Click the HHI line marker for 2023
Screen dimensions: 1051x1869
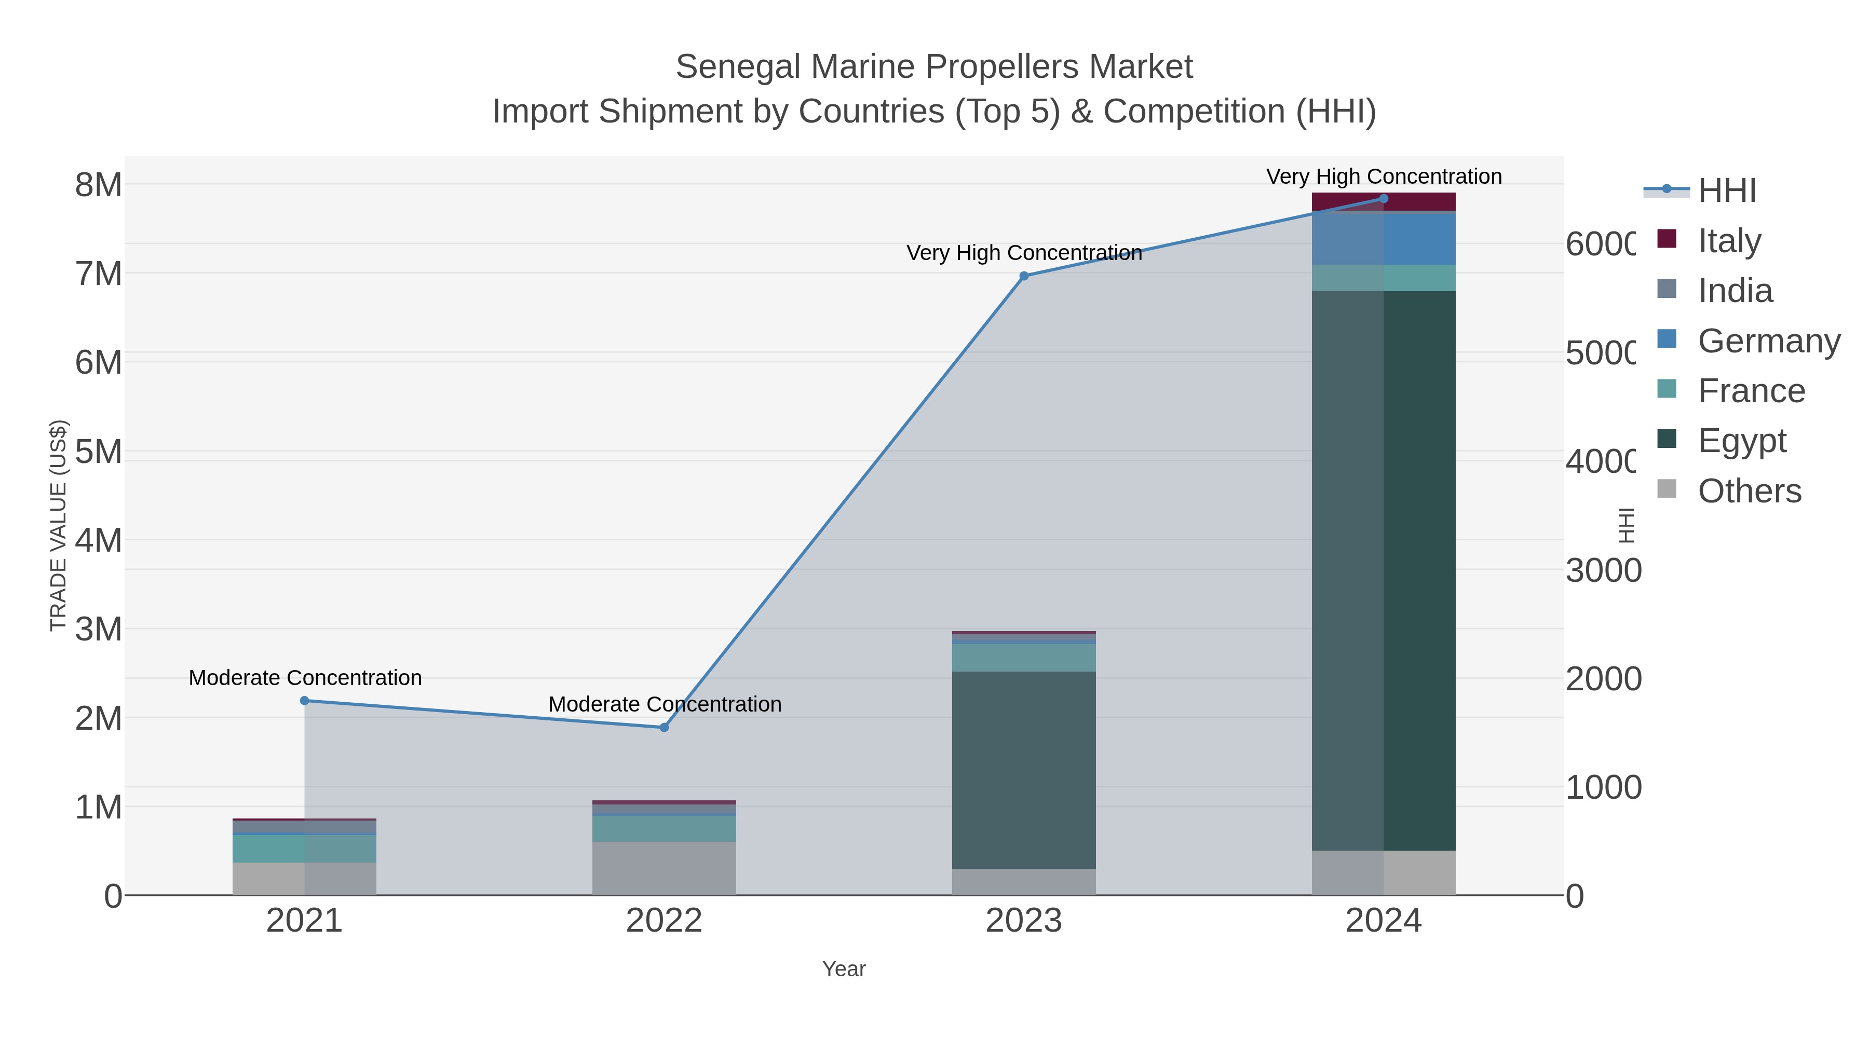[x=1024, y=276]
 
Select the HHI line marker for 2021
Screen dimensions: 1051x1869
[x=305, y=701]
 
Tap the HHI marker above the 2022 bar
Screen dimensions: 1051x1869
[x=664, y=728]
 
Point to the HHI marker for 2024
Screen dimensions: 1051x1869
[x=1383, y=199]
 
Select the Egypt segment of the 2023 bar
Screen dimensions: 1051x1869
[x=1024, y=770]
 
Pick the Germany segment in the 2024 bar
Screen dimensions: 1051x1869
[x=1383, y=239]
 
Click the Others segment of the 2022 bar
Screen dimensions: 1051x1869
[x=664, y=868]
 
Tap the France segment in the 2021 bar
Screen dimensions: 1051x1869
[x=305, y=849]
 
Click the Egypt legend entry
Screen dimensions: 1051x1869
[x=1741, y=440]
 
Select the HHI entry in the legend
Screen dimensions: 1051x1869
[x=1727, y=190]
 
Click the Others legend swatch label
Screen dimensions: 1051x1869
[x=1749, y=491]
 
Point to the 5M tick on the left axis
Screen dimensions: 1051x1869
[x=99, y=452]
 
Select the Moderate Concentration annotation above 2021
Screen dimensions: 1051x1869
[x=305, y=677]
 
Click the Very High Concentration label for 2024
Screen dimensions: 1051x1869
[x=1384, y=176]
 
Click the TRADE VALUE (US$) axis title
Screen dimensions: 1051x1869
[x=58, y=525]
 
